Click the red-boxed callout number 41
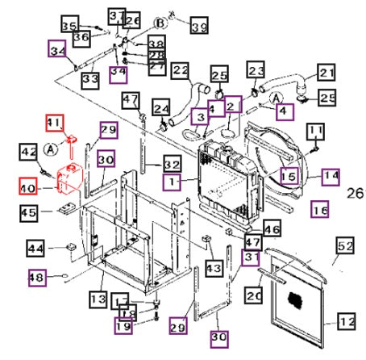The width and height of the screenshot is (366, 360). (x=54, y=123)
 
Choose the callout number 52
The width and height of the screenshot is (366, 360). (x=346, y=245)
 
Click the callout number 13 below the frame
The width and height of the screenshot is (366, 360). (x=98, y=299)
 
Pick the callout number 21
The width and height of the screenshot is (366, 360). (x=325, y=74)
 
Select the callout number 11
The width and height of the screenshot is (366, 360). (x=315, y=130)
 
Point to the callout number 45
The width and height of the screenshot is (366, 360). (x=29, y=212)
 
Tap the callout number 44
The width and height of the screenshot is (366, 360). (x=35, y=248)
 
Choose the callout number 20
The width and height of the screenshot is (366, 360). (x=255, y=296)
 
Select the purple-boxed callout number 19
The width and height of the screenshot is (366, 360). (x=123, y=327)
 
